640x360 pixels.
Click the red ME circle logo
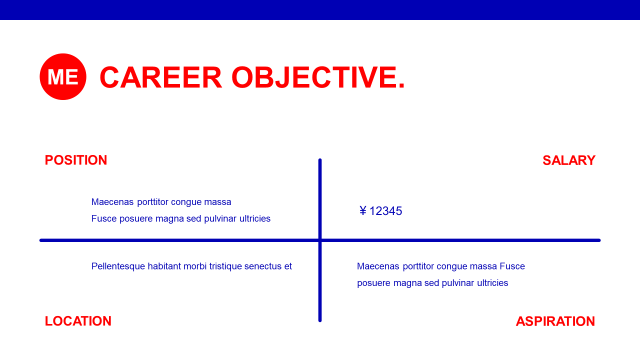pos(63,76)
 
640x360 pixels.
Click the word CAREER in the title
pos(161,77)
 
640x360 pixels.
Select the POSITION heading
pos(76,160)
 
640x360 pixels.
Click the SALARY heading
pos(569,160)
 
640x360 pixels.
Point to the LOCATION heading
pos(78,321)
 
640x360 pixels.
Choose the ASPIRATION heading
pos(555,321)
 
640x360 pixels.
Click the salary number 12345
pos(385,211)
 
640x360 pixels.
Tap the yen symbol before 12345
pos(363,211)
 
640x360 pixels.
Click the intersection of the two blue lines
pos(320,240)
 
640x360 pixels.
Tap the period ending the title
pos(401,85)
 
